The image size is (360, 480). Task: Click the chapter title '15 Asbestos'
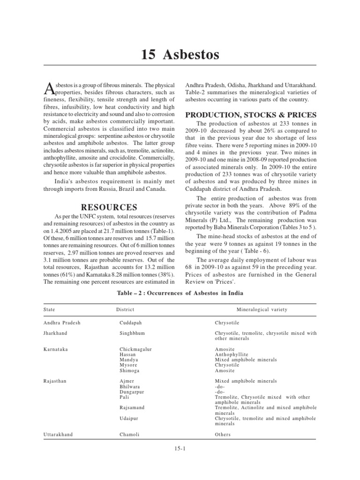click(180, 55)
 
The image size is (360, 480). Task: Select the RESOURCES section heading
click(109, 207)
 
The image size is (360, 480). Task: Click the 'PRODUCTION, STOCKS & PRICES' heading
click(251, 115)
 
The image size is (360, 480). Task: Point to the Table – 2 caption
click(180, 293)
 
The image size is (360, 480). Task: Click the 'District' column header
click(125, 310)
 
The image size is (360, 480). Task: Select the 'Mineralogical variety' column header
click(262, 310)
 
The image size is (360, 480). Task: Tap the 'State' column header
click(49, 310)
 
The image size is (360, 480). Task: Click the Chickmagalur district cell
click(136, 350)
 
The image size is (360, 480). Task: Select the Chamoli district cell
click(130, 435)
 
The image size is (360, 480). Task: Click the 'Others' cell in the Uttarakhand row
click(223, 435)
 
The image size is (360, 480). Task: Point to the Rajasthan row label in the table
click(55, 381)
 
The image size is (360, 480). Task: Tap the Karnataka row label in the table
click(55, 350)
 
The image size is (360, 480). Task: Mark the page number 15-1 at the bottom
click(180, 449)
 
